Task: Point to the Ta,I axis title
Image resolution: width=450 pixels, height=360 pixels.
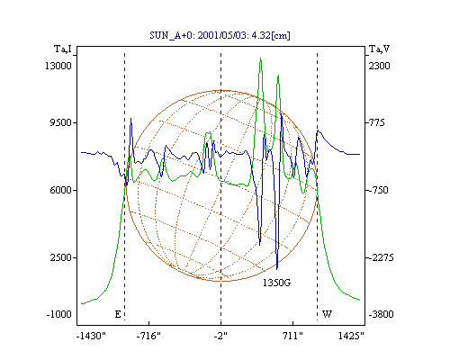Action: pos(63,49)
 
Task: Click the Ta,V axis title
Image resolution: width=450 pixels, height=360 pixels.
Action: pos(379,49)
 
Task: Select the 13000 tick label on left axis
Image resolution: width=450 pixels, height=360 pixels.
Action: pos(58,66)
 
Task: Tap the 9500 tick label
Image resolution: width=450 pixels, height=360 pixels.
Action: pos(61,122)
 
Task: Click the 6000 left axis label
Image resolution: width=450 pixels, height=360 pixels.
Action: pos(61,190)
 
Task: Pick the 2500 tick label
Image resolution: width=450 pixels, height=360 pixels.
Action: pos(61,257)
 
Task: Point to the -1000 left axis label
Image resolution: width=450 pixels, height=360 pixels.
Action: pos(59,314)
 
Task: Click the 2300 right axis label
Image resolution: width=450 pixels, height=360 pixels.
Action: pos(379,66)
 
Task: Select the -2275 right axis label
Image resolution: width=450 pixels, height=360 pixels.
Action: pos(381,257)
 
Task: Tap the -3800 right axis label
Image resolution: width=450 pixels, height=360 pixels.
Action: pos(381,314)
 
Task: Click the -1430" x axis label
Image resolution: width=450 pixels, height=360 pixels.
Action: pos(91,336)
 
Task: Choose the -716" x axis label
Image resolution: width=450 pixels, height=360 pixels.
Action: pos(148,336)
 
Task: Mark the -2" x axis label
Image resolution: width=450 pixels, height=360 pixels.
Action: pos(220,336)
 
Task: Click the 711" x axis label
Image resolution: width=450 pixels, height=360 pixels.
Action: pos(292,336)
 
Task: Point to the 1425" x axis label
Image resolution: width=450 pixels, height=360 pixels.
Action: pos(351,336)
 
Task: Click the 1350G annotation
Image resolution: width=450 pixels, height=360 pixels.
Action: pos(276,283)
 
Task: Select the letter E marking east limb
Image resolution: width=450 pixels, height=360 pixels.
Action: pos(118,314)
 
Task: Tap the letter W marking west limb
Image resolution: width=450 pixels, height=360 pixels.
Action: pos(327,314)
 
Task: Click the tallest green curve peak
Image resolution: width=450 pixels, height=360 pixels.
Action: pos(260,58)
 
